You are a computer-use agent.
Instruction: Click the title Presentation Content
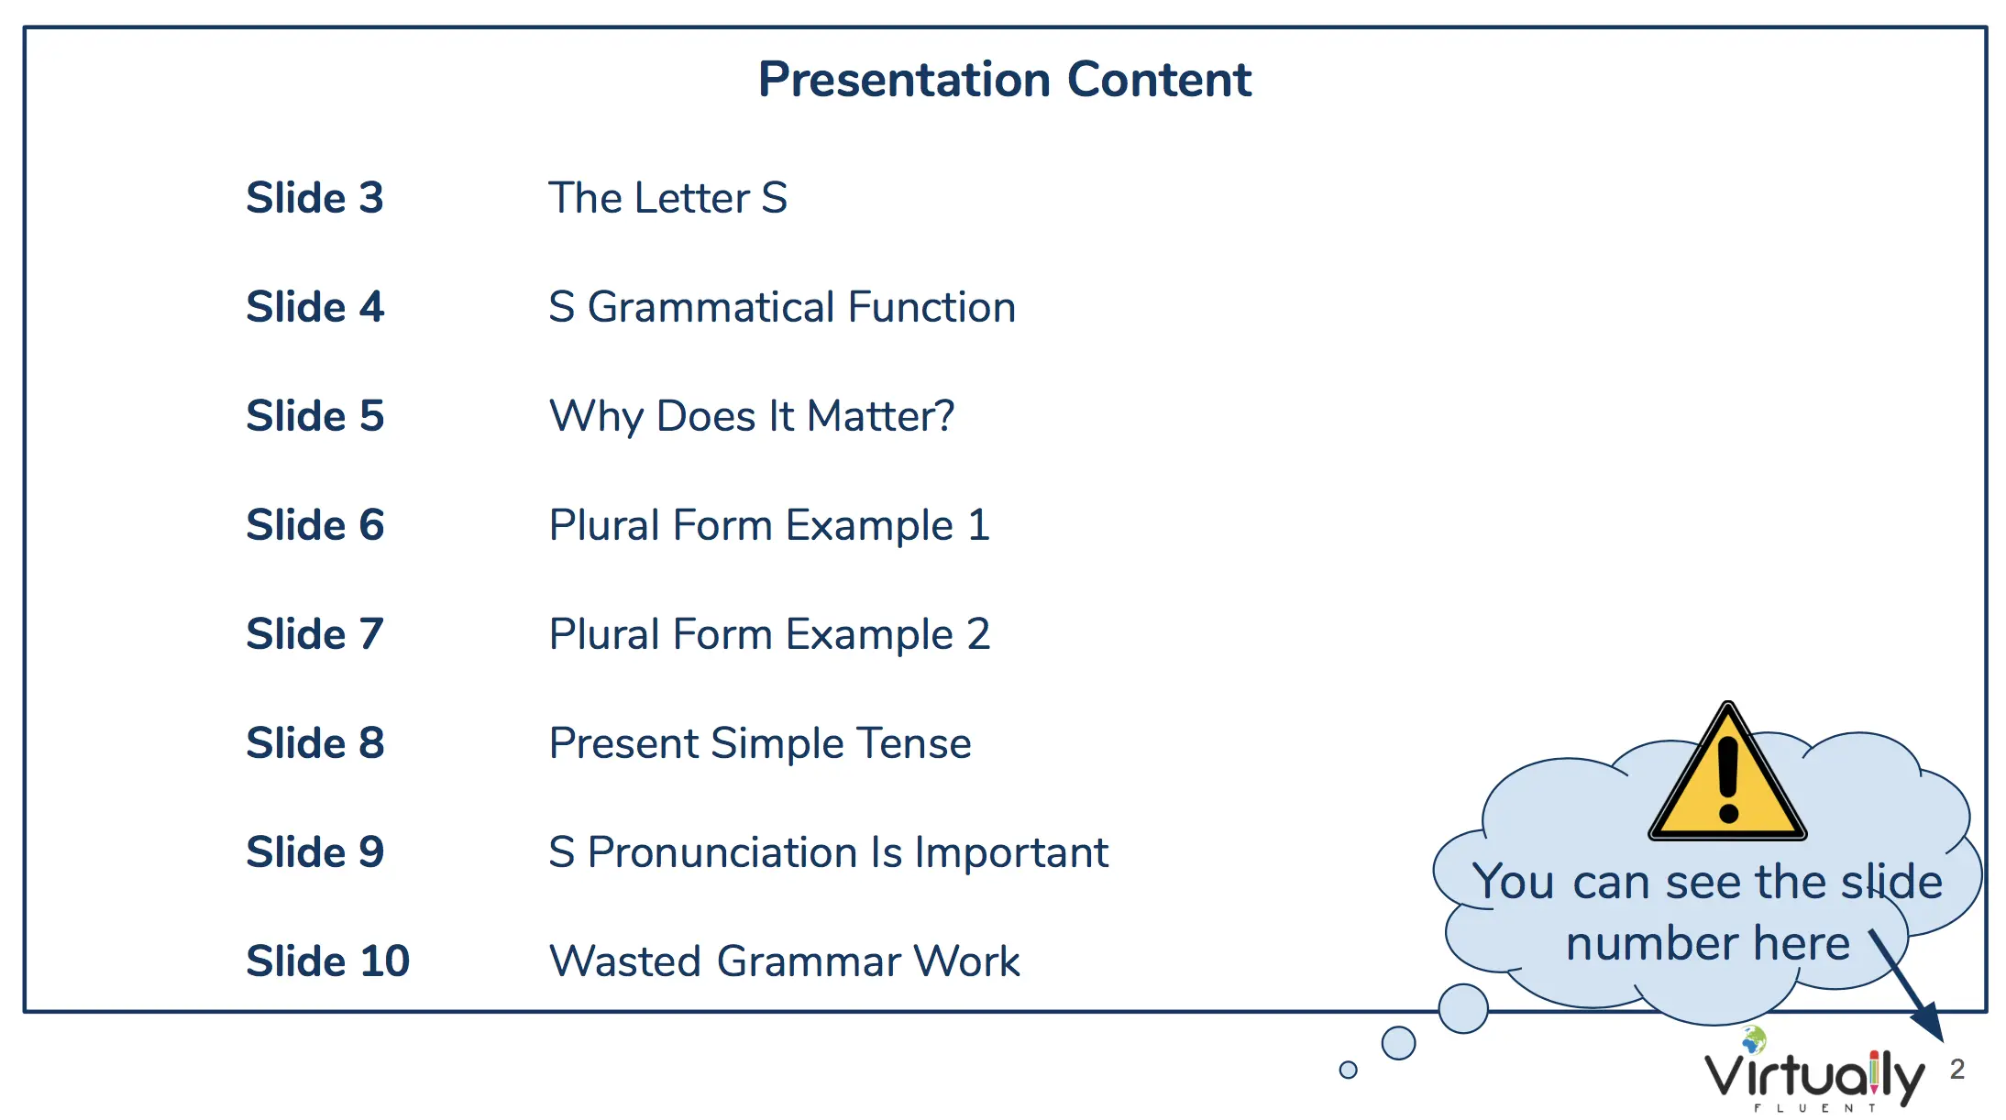coord(1005,80)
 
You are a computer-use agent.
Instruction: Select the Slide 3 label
coord(314,198)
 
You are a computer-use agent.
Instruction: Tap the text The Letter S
coord(667,198)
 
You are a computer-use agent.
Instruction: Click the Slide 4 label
coord(314,307)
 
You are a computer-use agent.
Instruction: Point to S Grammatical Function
coord(782,307)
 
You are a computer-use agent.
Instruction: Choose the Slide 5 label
coord(314,416)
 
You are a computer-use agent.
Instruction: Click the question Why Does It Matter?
coord(752,417)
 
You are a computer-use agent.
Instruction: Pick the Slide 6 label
coord(314,525)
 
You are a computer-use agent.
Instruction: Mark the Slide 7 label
coord(314,634)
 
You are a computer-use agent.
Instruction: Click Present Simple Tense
coord(760,743)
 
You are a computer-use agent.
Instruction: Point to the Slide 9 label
coord(314,852)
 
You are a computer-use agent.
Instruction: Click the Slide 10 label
coord(327,961)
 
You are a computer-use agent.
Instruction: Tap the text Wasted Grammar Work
coord(784,961)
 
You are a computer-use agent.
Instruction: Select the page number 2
coord(1957,1069)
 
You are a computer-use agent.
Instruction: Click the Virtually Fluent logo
coord(1814,1071)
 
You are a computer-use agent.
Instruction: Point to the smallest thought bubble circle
coord(1348,1070)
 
